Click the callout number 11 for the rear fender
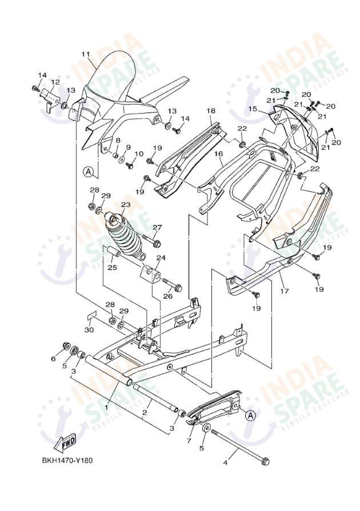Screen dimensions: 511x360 click(x=86, y=54)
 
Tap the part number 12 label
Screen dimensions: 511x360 click(x=55, y=82)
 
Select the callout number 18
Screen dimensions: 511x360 click(x=211, y=110)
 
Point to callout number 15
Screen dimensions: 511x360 click(x=268, y=108)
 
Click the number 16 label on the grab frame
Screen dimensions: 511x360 click(x=218, y=154)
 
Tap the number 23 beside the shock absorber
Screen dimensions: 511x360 click(x=125, y=204)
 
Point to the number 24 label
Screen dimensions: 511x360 click(x=161, y=258)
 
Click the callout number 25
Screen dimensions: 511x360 click(x=112, y=267)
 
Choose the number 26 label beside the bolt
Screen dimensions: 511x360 click(x=167, y=296)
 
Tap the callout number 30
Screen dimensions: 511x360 click(x=89, y=330)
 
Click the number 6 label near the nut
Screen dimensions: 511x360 click(x=54, y=359)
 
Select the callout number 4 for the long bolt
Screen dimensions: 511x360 click(x=225, y=462)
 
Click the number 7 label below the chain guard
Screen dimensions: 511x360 click(x=190, y=441)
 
